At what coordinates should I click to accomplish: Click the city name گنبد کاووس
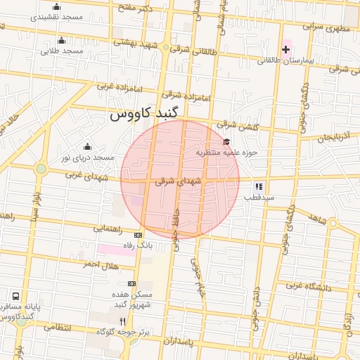tap(146, 112)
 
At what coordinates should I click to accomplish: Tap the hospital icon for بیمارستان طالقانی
tap(285, 49)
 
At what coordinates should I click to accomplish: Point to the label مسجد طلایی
tap(62, 51)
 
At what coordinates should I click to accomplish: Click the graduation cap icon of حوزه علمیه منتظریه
tap(226, 142)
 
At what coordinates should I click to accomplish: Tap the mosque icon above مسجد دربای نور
tap(87, 146)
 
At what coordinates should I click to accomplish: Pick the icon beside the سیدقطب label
tap(258, 187)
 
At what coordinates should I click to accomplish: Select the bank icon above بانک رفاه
tap(138, 235)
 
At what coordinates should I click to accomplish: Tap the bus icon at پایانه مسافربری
tap(15, 296)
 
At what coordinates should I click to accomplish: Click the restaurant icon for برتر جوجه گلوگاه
tap(123, 321)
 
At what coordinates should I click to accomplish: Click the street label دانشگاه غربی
tap(304, 285)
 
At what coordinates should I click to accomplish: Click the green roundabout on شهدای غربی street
tap(41, 169)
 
